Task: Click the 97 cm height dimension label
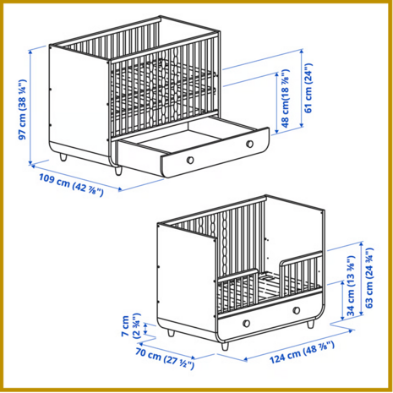[x=22, y=109]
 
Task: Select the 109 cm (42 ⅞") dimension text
[x=71, y=185]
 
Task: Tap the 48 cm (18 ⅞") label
[x=286, y=98]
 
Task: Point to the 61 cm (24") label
[x=308, y=88]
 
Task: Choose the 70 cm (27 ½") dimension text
[x=165, y=358]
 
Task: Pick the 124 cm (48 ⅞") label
[x=302, y=352]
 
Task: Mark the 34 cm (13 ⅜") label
[x=351, y=286]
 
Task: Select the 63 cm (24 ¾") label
[x=369, y=278]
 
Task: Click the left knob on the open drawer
[x=190, y=160]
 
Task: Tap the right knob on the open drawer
[x=249, y=144]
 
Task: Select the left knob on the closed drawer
[x=246, y=324]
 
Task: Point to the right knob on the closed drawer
[x=297, y=310]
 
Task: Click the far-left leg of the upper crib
[x=63, y=157]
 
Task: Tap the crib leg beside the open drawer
[x=118, y=171]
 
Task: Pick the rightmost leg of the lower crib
[x=310, y=324]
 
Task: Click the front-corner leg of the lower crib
[x=225, y=347]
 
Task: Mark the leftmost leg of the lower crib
[x=171, y=332]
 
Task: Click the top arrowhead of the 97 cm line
[x=30, y=52]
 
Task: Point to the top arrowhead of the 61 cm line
[x=302, y=52]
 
